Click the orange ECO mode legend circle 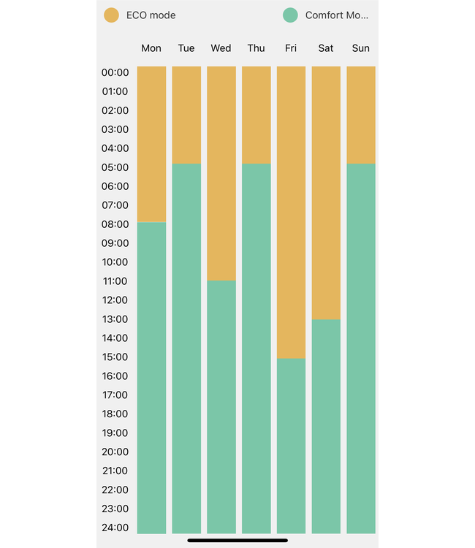112,15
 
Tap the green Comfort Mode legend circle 290,15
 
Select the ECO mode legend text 151,15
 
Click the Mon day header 151,48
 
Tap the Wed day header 221,48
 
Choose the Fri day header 291,48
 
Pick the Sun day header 361,48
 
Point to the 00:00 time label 115,72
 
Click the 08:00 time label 115,224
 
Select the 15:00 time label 115,357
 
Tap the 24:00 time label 115,528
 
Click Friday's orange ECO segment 291,212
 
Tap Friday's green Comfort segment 291,446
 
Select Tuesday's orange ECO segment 186,115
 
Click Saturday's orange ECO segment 326,193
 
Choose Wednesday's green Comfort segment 221,407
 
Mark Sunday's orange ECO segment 361,115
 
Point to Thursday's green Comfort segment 256,349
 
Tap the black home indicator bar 237,541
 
